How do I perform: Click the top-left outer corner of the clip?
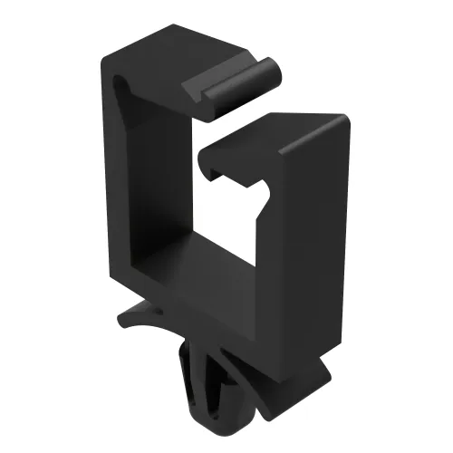pyautogui.click(x=101, y=56)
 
